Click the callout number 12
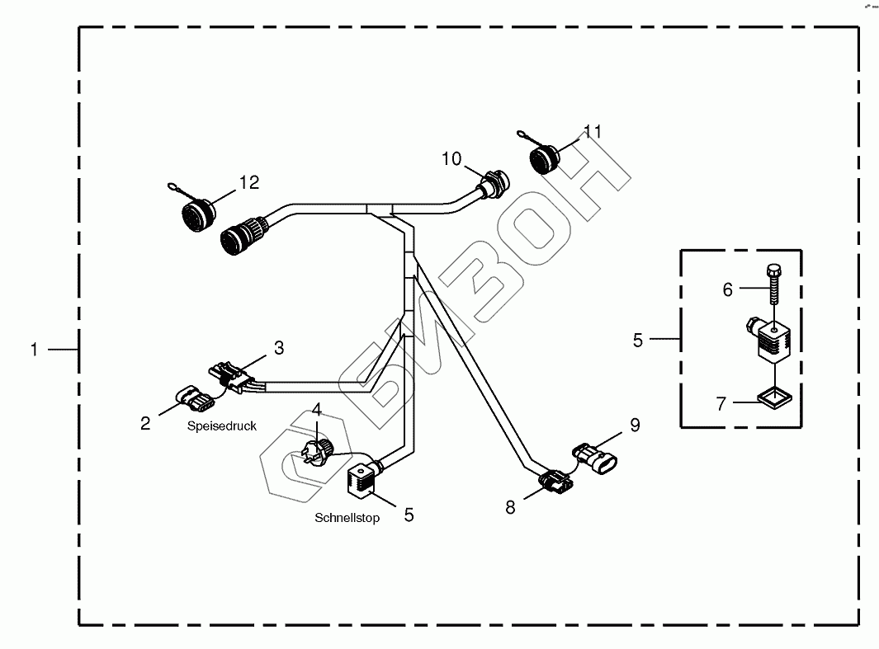249,182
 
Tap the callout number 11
593,132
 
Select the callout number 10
451,158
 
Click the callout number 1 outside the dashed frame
34,350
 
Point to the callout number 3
279,348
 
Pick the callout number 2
145,424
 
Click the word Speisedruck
221,426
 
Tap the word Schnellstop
347,519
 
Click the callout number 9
635,426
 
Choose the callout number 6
727,289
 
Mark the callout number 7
721,404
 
